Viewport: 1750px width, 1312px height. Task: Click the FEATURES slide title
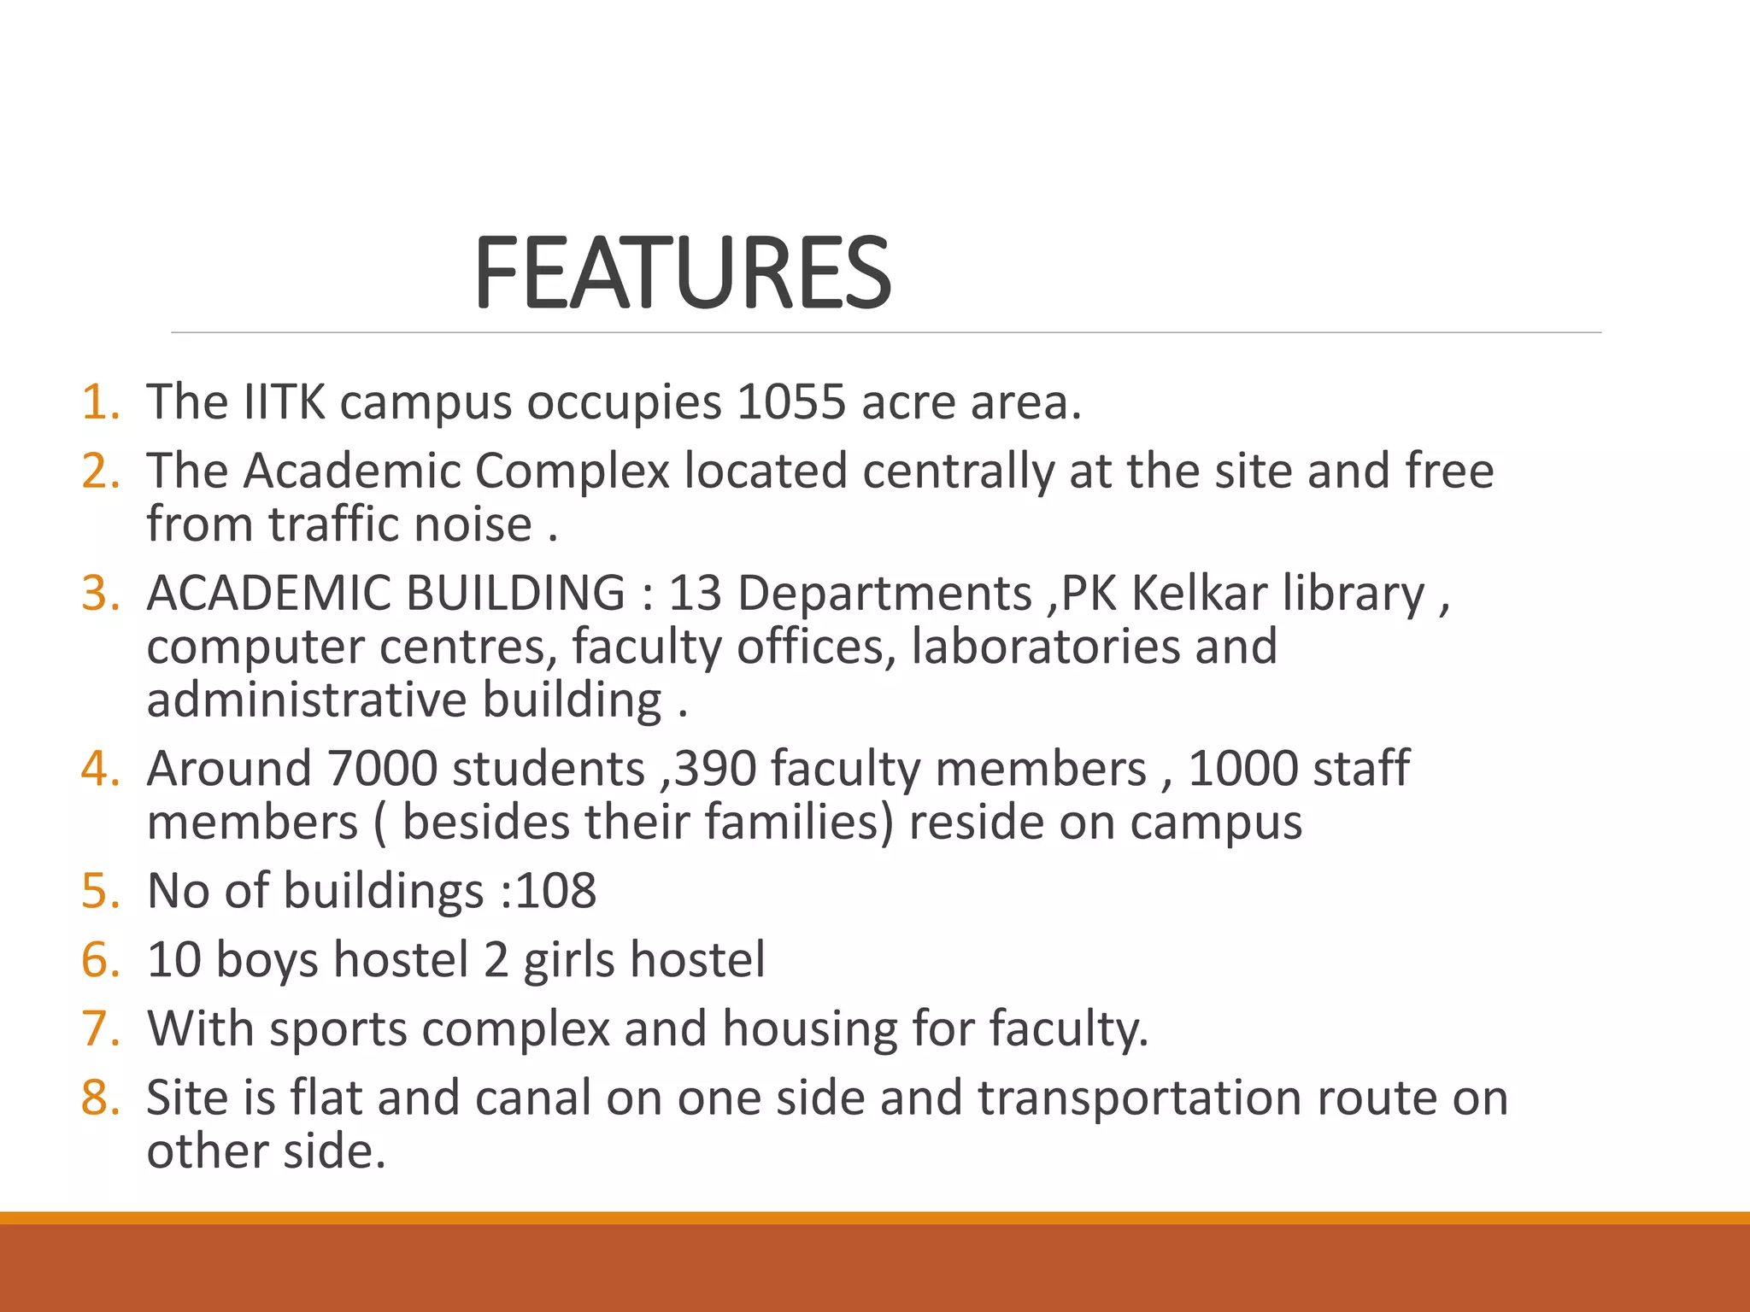click(x=682, y=273)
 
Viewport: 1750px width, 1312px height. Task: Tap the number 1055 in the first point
click(x=790, y=401)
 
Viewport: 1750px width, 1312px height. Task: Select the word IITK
click(x=284, y=401)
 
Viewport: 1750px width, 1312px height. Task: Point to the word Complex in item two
click(x=572, y=471)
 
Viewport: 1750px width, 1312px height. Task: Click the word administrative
click(x=307, y=700)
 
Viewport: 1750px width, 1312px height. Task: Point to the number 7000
click(x=382, y=768)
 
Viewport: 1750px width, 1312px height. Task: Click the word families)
click(x=799, y=822)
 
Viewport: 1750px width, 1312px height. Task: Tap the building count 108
click(x=555, y=891)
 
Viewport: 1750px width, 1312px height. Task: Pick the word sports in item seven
click(x=338, y=1028)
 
